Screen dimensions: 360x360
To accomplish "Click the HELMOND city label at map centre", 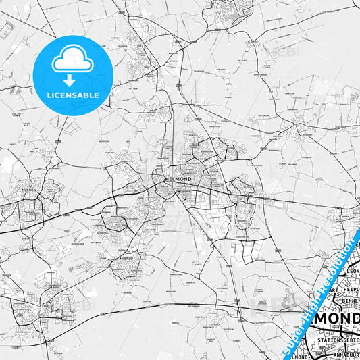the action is tap(178, 179).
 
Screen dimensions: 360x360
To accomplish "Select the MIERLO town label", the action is tap(117, 257).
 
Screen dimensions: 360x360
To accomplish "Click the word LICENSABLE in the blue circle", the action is tap(72, 95).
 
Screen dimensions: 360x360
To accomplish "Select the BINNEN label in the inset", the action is tap(347, 301).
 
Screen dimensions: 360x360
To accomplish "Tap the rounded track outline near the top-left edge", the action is tap(6, 30).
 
